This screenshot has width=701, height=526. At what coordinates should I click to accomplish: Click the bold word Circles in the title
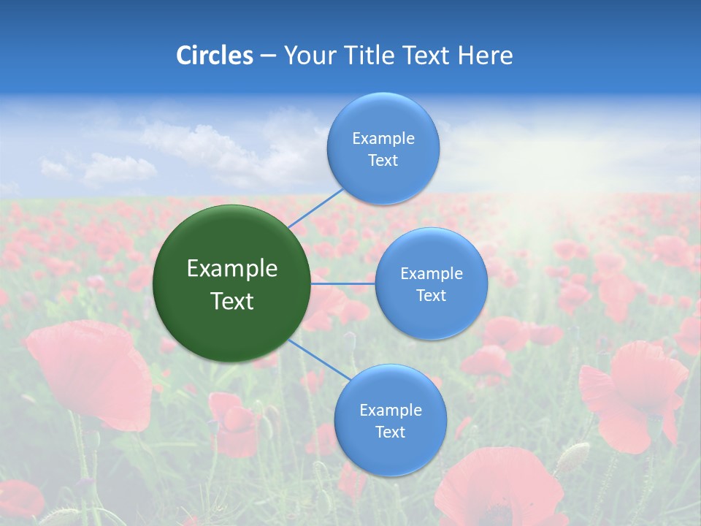215,56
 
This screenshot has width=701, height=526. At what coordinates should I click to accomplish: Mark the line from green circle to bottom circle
320,359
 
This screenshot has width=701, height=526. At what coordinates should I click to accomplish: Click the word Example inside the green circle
232,269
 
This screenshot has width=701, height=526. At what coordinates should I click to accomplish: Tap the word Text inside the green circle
232,301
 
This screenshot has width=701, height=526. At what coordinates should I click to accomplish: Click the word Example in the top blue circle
383,139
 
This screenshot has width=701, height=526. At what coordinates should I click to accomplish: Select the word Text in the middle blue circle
431,296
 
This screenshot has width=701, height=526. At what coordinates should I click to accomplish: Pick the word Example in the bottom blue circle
390,411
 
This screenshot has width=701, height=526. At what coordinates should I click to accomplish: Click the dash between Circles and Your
267,56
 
